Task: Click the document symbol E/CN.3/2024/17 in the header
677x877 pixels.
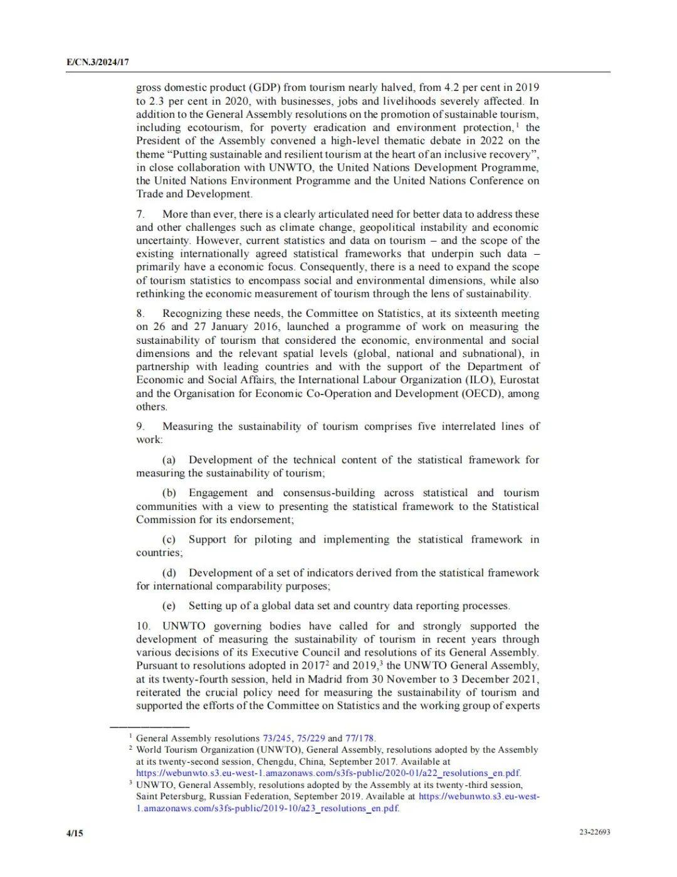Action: (x=97, y=62)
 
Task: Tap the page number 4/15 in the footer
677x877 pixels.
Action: (x=75, y=833)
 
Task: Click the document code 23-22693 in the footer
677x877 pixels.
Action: (x=595, y=832)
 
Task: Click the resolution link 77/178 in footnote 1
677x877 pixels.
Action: (x=360, y=738)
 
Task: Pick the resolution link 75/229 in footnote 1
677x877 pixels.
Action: (x=311, y=738)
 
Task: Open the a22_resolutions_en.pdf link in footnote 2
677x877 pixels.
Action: (x=328, y=773)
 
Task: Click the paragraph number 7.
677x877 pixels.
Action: (x=140, y=215)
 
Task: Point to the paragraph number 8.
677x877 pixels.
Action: (x=140, y=314)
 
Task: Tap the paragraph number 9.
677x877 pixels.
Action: (x=140, y=427)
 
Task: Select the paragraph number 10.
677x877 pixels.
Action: (x=143, y=626)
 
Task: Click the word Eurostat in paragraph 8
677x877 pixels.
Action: (x=520, y=380)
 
